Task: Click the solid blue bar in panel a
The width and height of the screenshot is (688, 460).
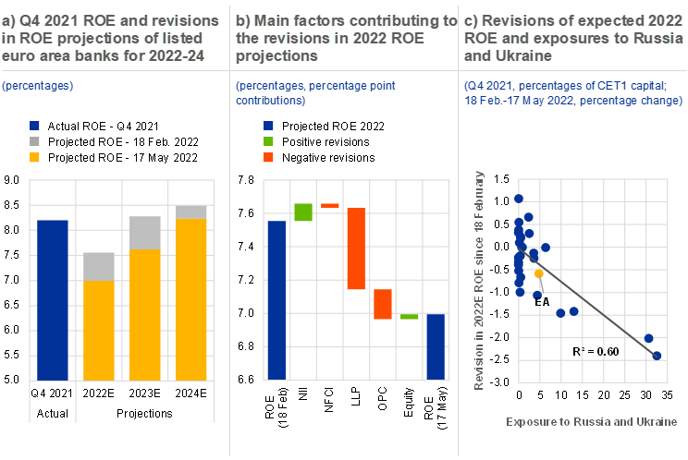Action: pos(53,299)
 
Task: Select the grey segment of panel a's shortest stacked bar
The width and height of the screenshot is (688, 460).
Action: pos(99,266)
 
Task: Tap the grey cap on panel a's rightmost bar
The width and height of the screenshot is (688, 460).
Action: pos(191,212)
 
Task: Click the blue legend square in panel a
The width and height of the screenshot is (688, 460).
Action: pos(35,126)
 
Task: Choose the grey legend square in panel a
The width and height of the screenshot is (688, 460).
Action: pos(35,141)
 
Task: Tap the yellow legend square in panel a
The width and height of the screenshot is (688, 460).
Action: pos(35,157)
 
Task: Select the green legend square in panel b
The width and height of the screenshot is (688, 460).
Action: pos(269,141)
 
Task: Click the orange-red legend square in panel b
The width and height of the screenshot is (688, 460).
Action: pos(269,157)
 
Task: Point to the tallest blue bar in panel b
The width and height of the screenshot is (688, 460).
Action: pos(276,299)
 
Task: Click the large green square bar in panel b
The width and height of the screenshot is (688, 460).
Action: pos(303,212)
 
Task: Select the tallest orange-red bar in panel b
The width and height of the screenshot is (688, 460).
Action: pos(356,248)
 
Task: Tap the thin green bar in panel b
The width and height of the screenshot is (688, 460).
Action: pos(410,316)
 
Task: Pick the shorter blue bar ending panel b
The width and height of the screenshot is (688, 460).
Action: pos(436,346)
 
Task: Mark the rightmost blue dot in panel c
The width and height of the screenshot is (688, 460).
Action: pos(657,355)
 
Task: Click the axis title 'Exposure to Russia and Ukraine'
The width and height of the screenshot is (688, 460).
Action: pos(591,421)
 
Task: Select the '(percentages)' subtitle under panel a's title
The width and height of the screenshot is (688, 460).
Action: pos(38,86)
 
